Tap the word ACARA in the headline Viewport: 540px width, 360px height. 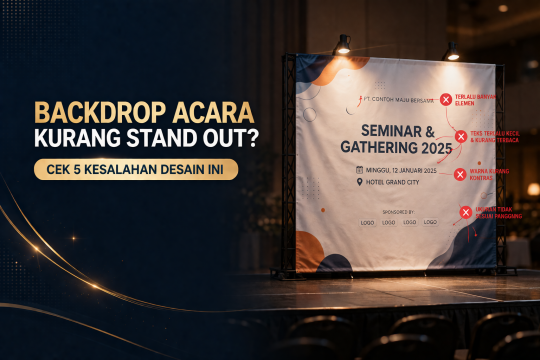coord(209,108)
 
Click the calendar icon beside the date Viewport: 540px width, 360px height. coord(358,170)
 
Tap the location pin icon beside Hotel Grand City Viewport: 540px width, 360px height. coord(358,183)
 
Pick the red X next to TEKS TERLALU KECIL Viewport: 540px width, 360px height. coord(460,135)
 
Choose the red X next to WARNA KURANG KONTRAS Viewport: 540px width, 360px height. coord(460,173)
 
